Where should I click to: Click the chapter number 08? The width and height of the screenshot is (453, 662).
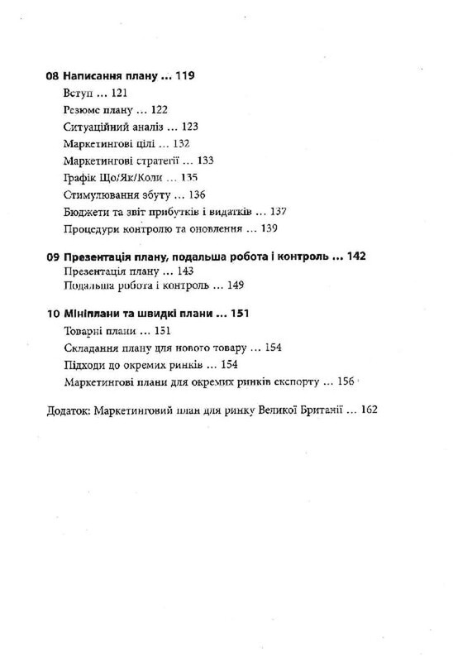(x=54, y=76)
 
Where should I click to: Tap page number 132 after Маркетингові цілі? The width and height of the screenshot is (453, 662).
(x=176, y=144)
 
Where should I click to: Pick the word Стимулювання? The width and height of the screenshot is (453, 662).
(x=98, y=195)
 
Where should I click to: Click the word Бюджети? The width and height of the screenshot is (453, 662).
(x=83, y=212)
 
